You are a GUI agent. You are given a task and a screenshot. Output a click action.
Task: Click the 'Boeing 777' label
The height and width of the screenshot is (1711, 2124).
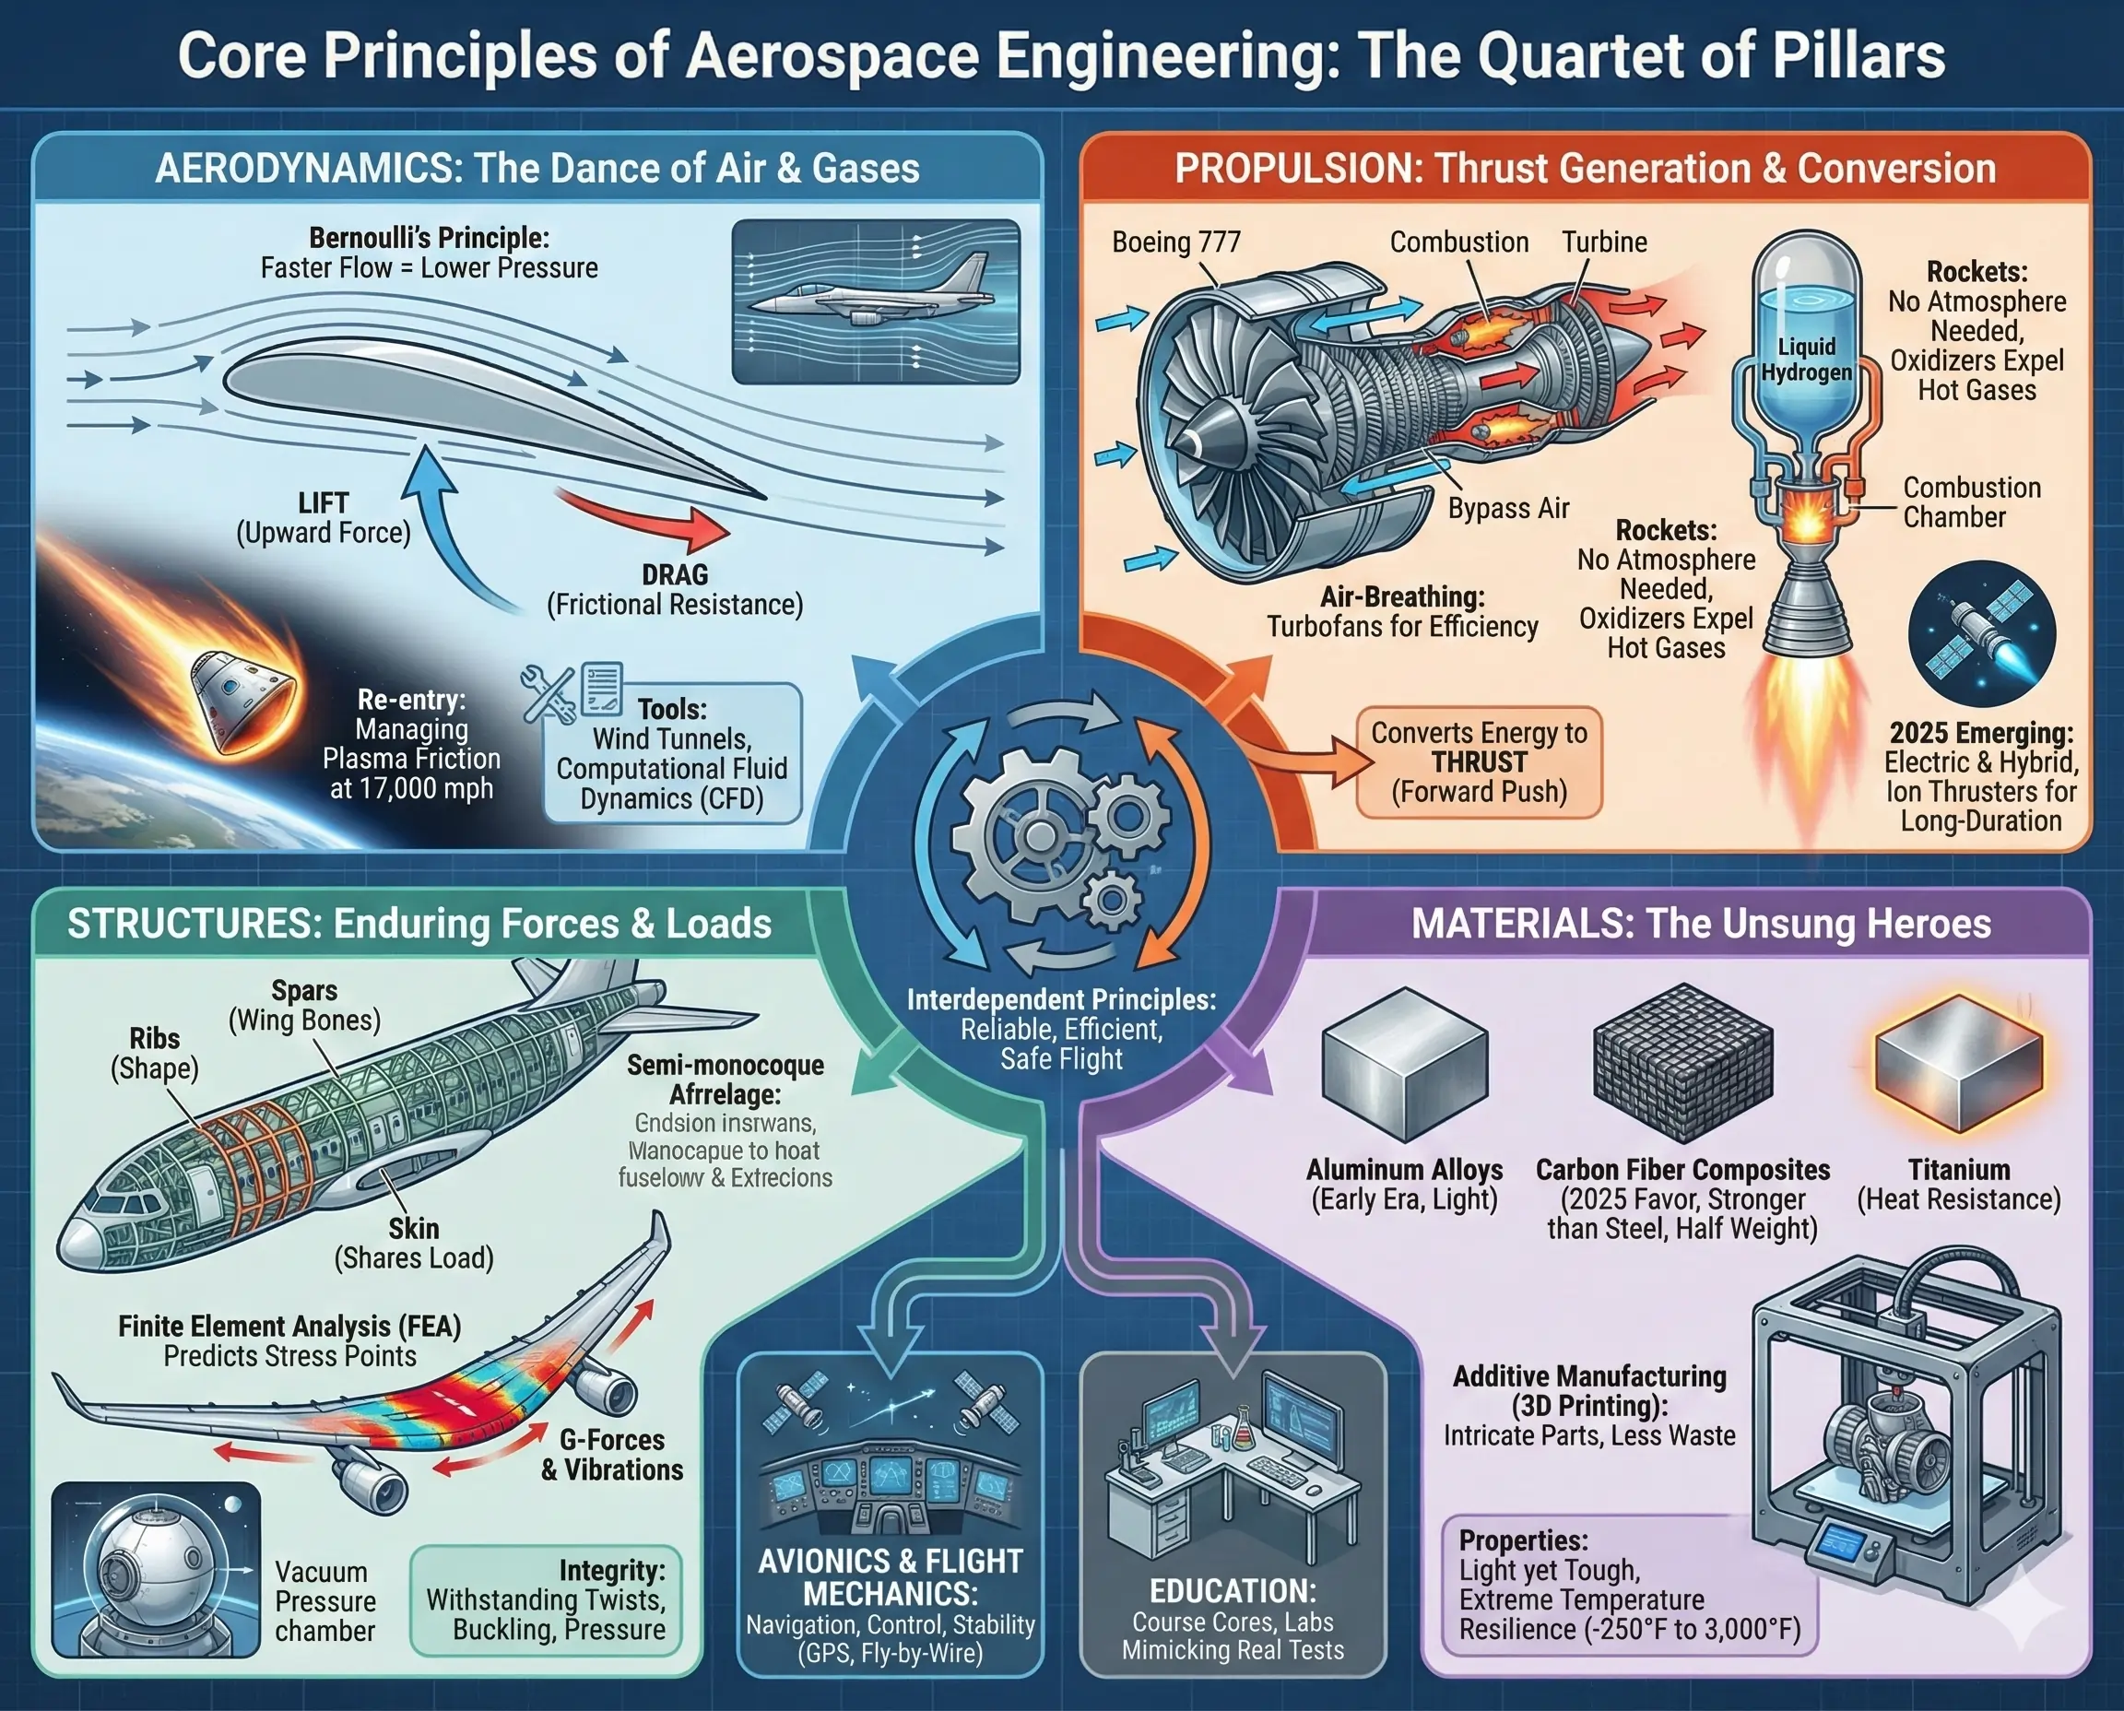point(1175,242)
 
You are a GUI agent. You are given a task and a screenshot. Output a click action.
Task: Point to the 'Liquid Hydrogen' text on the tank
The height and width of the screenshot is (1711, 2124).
point(1806,360)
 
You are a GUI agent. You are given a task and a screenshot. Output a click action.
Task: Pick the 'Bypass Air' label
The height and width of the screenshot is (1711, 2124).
point(1508,509)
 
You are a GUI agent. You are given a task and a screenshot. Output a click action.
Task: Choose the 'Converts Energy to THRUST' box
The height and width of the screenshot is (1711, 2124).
point(1479,761)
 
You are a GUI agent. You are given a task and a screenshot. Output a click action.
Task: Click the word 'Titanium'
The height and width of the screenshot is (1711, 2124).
point(1958,1170)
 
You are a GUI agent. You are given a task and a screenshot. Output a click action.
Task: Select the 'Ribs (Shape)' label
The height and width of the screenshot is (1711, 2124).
point(155,1053)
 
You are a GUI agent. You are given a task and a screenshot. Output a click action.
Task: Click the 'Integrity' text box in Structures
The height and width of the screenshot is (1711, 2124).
point(546,1599)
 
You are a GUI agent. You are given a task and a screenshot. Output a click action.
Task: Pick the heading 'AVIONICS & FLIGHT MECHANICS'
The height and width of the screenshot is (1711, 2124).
point(890,1577)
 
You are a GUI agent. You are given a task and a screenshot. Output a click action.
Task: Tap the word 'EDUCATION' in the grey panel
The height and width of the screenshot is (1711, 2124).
point(1233,1592)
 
